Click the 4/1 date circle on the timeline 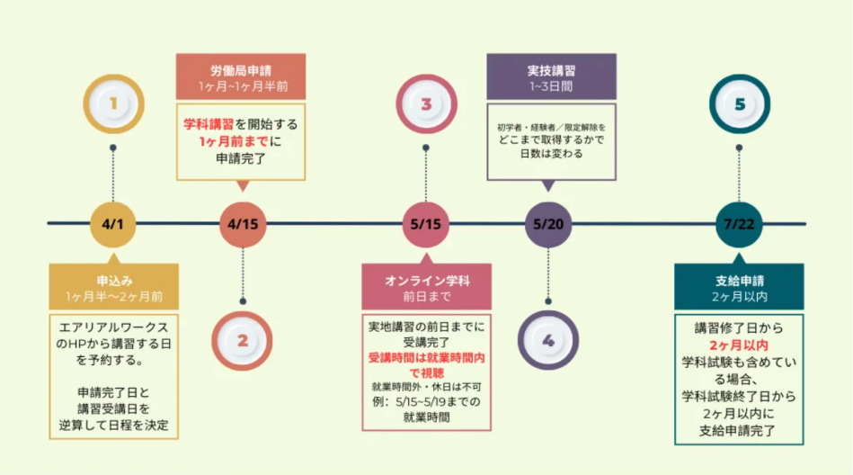(x=112, y=224)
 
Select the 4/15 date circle (x=243, y=224)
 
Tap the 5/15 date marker (x=425, y=224)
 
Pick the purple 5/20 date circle (x=547, y=224)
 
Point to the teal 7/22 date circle (x=739, y=224)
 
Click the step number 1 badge (x=113, y=103)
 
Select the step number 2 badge (x=242, y=340)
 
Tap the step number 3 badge (x=426, y=103)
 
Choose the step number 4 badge (x=547, y=340)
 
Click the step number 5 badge (x=740, y=103)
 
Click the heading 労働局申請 (x=241, y=70)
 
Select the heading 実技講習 (x=551, y=70)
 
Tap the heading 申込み (x=114, y=281)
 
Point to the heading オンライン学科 (x=427, y=281)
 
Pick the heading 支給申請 (x=740, y=281)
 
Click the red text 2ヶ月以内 (x=739, y=345)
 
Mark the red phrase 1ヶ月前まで (x=234, y=141)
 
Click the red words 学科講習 (x=209, y=124)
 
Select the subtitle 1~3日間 (x=550, y=86)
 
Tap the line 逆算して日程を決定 (x=113, y=425)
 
